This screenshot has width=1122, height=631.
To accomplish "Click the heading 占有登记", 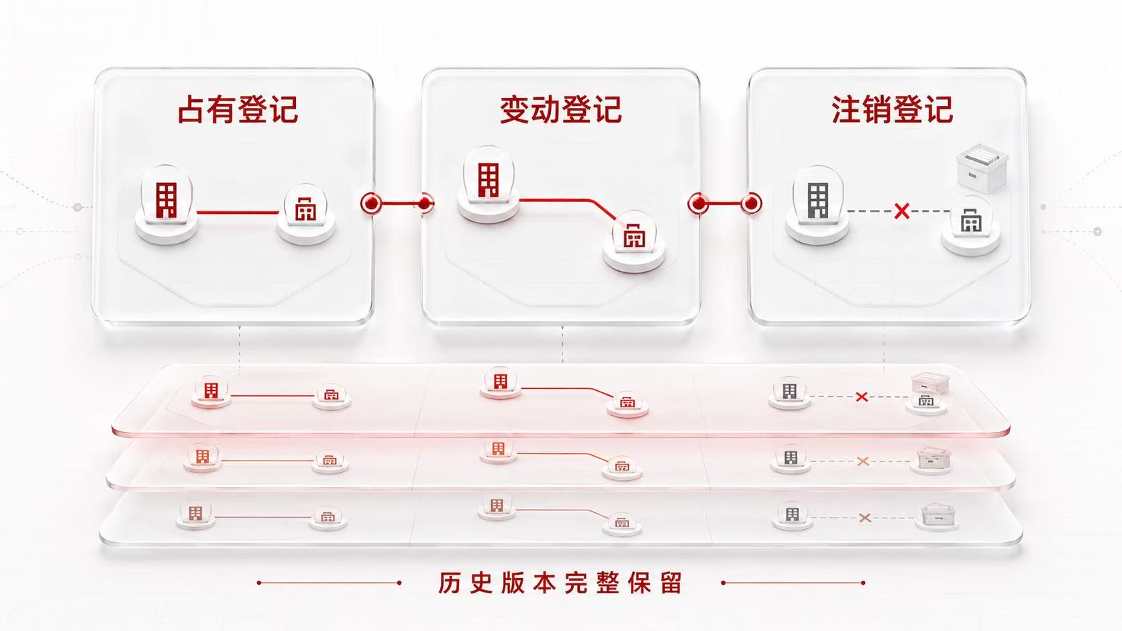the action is (238, 109).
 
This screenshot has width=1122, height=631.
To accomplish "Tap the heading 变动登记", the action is (561, 109).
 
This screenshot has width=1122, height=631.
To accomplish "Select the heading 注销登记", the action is (892, 109).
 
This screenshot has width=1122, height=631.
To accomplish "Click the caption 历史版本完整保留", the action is (560, 583).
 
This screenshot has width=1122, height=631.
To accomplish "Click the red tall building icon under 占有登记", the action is (166, 200).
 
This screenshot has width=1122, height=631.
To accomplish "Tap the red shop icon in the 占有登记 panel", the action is (305, 209).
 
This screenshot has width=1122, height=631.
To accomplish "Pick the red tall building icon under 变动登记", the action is (489, 180).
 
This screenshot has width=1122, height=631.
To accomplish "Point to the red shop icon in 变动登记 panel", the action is (634, 235).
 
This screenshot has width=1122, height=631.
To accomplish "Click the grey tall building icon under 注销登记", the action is (818, 200).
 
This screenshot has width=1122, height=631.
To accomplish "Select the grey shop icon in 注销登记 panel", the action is (971, 221).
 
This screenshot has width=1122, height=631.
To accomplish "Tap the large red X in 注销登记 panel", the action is (902, 211).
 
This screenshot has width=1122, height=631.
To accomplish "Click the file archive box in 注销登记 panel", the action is (982, 168).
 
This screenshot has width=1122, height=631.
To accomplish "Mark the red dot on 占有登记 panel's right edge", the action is (371, 203).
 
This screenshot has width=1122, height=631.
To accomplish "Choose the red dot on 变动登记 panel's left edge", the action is (425, 203).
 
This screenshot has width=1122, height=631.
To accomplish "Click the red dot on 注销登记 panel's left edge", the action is (752, 203).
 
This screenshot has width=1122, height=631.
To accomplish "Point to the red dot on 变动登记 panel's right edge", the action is (699, 203).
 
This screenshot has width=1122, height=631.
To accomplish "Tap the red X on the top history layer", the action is (862, 397).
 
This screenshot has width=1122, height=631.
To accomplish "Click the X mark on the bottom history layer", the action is (865, 518).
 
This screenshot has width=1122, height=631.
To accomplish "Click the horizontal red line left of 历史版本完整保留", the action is (329, 583).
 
